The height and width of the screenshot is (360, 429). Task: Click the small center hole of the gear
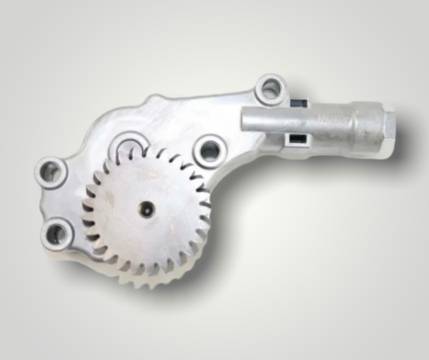pyautogui.click(x=147, y=210)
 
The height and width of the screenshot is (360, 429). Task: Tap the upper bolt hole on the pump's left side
pyautogui.click(x=51, y=172)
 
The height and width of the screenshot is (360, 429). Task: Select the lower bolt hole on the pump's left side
pyautogui.click(x=57, y=234)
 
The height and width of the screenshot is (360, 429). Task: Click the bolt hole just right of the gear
pyautogui.click(x=209, y=150)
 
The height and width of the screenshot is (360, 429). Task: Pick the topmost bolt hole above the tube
pyautogui.click(x=271, y=89)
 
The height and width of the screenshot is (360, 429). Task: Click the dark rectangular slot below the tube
pyautogui.click(x=294, y=138)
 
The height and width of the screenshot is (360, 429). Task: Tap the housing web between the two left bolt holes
pyautogui.click(x=52, y=203)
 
